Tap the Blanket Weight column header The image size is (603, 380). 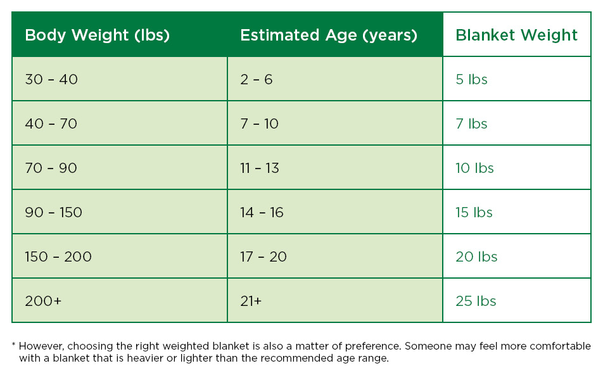pos(516,35)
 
